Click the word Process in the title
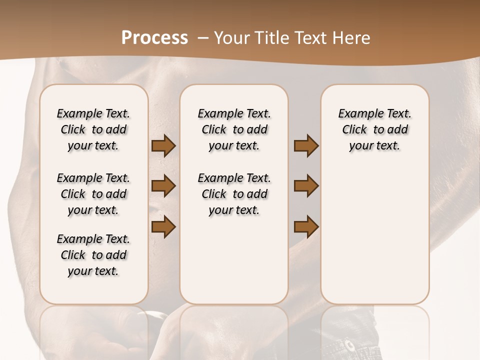click(x=154, y=38)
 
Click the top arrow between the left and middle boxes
click(x=163, y=146)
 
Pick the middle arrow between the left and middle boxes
click(x=163, y=186)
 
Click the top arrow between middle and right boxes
click(x=306, y=146)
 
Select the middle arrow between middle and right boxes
click(x=306, y=186)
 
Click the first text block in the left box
click(x=93, y=129)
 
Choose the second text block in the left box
click(x=93, y=194)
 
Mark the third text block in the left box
click(x=93, y=255)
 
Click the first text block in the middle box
click(x=234, y=129)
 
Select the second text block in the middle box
click(x=234, y=194)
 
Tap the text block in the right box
click(x=374, y=129)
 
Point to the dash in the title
click(x=203, y=38)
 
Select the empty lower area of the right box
click(x=374, y=235)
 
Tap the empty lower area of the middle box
click(x=234, y=260)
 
